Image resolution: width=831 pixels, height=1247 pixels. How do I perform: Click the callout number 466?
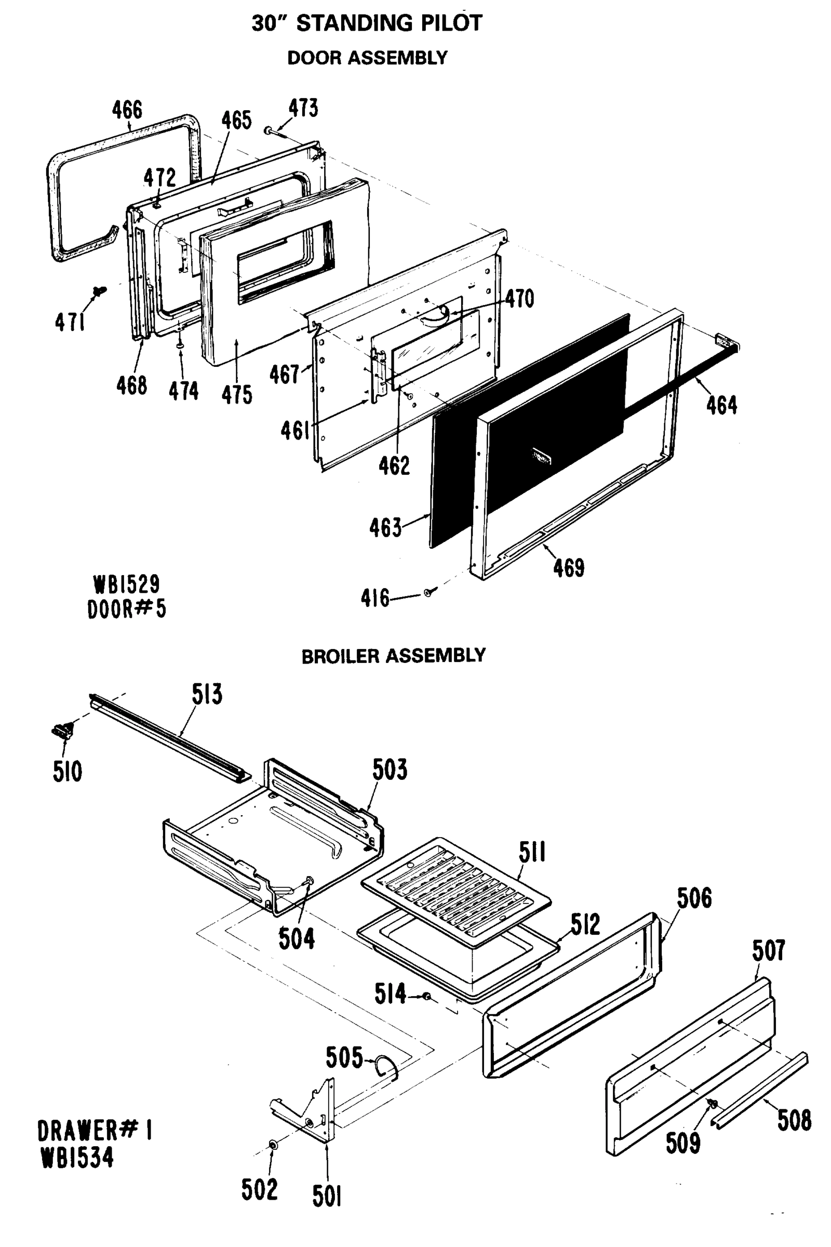tap(127, 110)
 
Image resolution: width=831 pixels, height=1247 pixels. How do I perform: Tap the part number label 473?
tap(303, 108)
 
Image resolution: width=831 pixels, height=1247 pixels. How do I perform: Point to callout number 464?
tap(721, 405)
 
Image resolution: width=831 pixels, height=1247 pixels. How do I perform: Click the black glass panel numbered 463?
tap(530, 430)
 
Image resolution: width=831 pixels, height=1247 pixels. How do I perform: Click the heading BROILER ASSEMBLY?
tap(393, 656)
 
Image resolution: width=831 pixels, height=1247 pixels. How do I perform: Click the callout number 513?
tap(207, 694)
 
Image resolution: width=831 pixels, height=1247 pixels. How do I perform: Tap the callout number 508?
tap(794, 1120)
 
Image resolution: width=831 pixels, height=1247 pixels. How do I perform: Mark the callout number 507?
tap(768, 950)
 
